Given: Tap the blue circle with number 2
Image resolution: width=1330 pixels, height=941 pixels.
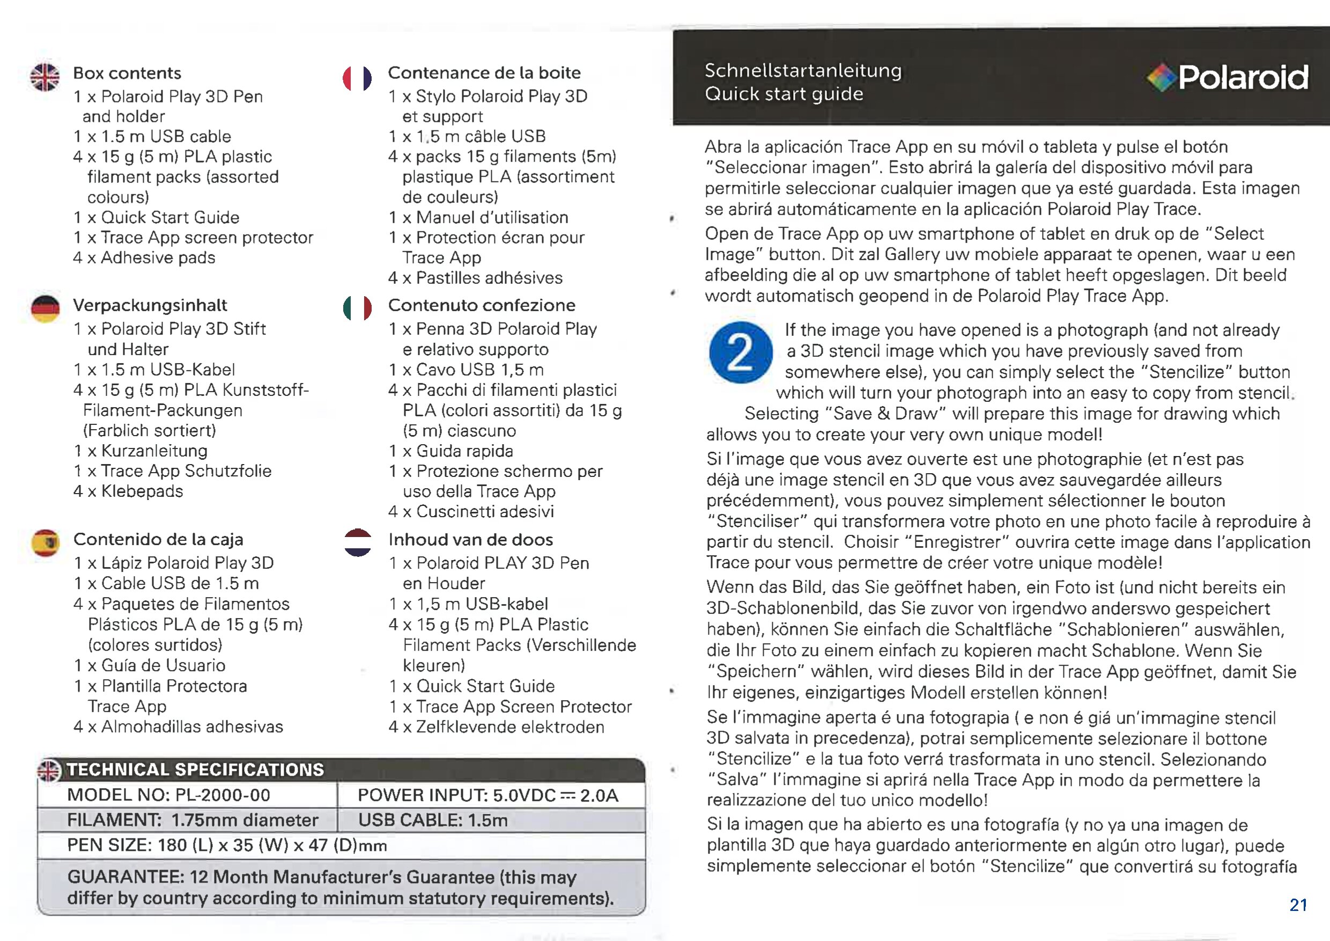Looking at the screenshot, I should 740,352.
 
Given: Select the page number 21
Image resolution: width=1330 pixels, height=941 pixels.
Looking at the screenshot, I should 1298,905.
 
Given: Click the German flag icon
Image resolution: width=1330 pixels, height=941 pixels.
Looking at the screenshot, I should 45,310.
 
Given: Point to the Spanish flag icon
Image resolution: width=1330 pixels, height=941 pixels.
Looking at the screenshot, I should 46,543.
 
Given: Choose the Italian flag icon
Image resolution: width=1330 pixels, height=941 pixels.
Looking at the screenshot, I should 357,308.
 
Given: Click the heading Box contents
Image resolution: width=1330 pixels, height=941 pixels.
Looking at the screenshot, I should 127,73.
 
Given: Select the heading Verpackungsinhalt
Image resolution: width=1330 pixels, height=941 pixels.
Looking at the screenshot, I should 150,305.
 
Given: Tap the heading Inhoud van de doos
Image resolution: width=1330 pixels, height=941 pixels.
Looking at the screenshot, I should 470,540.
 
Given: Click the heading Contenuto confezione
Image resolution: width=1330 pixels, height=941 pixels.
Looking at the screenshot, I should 482,305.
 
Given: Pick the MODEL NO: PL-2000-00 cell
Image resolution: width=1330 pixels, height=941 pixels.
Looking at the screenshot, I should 168,795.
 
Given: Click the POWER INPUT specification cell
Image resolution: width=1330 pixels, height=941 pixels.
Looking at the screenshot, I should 487,795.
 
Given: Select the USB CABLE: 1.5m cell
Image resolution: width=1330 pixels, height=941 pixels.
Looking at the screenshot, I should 433,820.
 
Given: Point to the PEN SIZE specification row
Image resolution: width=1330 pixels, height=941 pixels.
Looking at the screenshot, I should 227,846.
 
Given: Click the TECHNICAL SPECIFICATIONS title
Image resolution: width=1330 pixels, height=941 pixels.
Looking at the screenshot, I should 195,769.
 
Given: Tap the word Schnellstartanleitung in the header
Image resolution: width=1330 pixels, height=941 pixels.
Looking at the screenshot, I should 803,71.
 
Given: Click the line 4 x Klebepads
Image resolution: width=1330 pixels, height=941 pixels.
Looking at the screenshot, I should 128,491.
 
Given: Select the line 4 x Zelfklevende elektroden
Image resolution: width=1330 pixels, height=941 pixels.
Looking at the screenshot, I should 496,726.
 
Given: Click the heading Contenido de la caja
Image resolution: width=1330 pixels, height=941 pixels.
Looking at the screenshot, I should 158,540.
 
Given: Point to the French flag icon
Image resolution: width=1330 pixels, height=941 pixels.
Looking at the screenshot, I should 357,79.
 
